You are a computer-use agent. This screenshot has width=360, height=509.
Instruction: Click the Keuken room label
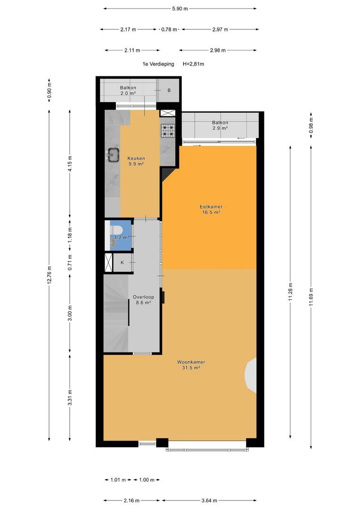point(136,158)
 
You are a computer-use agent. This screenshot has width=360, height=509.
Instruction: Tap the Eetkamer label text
point(211,207)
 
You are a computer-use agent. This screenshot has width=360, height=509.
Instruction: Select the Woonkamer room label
point(191,362)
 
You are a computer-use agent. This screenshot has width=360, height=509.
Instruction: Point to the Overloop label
point(143,297)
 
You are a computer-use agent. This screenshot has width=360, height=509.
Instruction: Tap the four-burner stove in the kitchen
point(168,130)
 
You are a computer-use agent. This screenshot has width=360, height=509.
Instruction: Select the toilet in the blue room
point(116,230)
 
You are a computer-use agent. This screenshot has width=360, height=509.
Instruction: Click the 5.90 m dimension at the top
point(180,9)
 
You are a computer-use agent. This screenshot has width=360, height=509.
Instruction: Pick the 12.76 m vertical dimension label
point(49,275)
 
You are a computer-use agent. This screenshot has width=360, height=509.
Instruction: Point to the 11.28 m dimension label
point(290,292)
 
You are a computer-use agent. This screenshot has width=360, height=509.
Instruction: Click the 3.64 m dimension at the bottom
point(209,501)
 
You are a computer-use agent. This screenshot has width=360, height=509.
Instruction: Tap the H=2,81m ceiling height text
point(194,64)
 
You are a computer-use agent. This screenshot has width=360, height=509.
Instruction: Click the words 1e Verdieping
point(158,64)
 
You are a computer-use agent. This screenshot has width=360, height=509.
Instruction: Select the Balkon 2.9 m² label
point(220,125)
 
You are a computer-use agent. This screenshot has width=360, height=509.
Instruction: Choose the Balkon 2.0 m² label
point(128,90)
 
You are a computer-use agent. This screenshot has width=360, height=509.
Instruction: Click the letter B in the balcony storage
point(169,90)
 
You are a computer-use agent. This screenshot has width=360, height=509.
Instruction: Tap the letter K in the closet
point(123,263)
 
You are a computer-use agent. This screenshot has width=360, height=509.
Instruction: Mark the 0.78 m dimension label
point(169,30)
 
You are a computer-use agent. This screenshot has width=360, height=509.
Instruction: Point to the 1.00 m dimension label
point(147,480)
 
